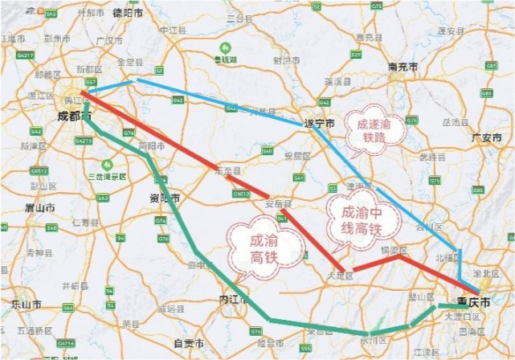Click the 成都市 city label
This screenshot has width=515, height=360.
pos(75,117)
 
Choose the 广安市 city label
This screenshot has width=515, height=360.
pos(487,137)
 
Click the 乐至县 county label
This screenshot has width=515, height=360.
pos(227,170)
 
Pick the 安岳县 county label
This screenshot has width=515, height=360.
pos(276,202)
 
